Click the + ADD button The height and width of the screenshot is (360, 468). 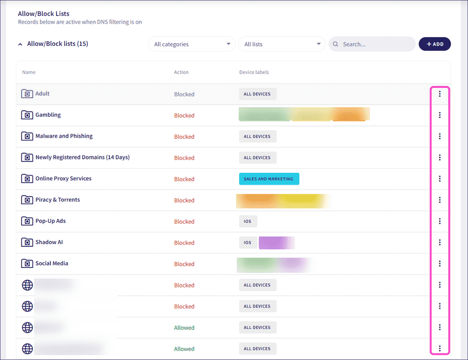435,44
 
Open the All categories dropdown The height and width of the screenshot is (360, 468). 192,44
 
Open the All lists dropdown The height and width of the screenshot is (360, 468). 282,44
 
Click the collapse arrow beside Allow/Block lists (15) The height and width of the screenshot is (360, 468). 21,44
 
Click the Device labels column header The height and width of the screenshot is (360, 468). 254,73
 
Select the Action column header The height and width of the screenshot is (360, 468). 181,73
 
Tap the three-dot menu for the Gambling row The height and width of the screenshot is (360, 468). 440,115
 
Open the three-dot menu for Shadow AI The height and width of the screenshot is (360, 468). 440,242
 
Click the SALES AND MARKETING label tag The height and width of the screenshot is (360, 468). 269,179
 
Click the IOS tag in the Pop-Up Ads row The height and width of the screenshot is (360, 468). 248,221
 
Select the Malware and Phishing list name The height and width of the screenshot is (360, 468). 64,136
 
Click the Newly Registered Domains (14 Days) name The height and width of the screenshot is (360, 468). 82,157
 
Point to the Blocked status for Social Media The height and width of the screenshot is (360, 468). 184,264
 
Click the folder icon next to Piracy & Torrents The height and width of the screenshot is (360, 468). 27,200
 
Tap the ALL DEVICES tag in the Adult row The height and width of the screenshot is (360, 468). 258,94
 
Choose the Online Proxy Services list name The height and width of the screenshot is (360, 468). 63,178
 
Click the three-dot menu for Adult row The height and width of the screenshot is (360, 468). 440,94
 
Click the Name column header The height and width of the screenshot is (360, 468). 29,73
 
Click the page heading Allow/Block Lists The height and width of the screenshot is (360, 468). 44,13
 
